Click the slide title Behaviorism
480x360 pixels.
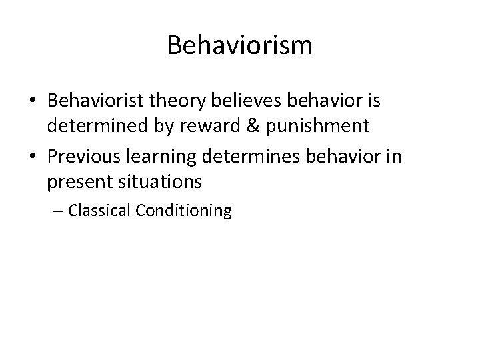click(240, 46)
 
